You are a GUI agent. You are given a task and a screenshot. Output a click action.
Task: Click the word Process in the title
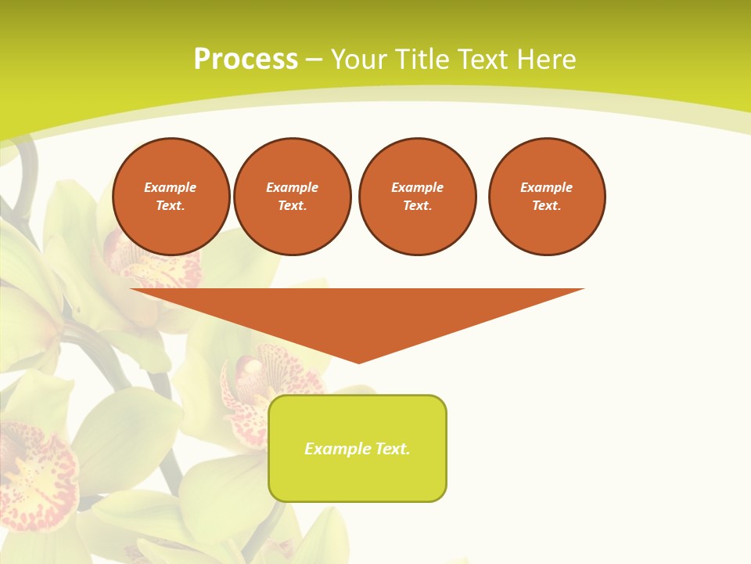246,60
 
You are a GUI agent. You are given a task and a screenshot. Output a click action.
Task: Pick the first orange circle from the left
171,197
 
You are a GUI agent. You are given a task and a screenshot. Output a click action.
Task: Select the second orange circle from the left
293,197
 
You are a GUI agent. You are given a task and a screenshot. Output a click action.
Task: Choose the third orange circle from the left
418,197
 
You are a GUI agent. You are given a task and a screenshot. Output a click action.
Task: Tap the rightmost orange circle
547,197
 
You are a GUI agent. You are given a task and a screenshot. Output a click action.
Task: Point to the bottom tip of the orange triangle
358,362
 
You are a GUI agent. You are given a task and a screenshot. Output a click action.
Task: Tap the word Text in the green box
392,449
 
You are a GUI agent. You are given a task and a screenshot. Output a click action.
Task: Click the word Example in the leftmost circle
171,188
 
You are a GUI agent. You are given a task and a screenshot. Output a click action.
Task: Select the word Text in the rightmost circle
547,206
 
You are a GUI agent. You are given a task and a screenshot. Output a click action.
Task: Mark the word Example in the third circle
418,188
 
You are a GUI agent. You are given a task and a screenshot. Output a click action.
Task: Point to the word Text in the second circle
293,206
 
